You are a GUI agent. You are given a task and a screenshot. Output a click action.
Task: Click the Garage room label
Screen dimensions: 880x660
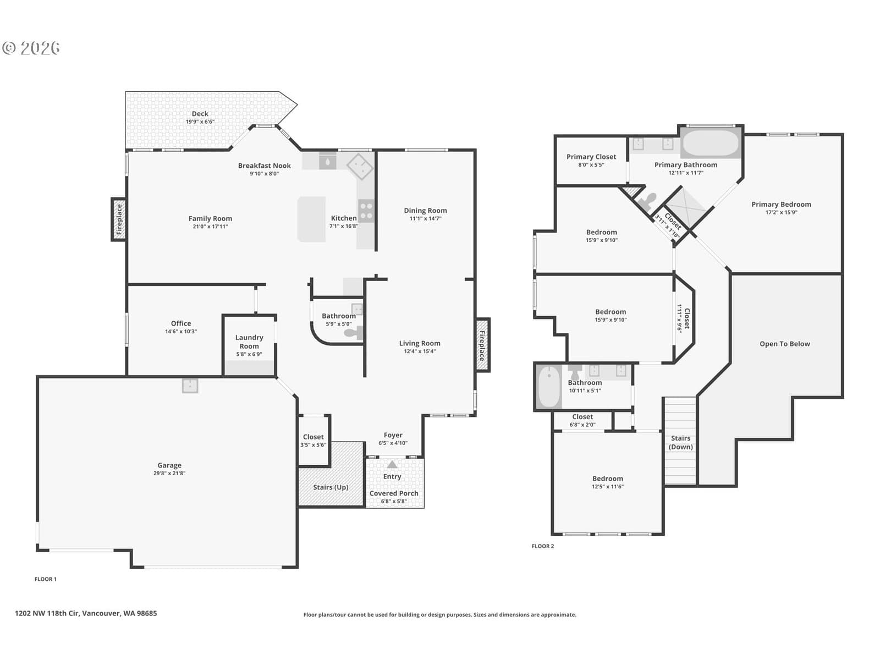169,465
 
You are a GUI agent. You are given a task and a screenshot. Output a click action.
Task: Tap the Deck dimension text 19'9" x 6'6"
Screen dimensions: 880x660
200,122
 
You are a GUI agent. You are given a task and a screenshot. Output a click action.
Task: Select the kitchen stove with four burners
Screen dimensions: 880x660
366,211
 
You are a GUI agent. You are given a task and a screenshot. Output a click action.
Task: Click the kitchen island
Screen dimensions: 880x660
311,219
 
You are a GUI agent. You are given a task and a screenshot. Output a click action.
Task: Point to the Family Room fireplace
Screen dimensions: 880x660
119,219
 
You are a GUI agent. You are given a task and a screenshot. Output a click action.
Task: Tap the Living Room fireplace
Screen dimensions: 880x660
483,345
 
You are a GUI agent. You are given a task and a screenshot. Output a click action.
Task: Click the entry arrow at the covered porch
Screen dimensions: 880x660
392,464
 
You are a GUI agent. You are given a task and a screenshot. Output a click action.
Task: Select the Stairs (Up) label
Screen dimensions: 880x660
331,487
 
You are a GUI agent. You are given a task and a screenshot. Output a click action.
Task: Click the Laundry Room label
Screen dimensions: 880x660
249,342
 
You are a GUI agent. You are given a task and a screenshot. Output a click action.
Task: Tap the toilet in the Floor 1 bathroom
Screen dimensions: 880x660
354,333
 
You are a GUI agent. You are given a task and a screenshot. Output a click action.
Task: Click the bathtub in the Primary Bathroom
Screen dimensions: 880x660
710,143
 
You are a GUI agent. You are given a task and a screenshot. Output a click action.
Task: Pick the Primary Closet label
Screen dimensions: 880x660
591,157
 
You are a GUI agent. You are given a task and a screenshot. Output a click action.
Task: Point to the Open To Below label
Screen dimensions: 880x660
785,344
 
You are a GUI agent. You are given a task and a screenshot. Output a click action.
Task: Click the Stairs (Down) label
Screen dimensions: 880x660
680,443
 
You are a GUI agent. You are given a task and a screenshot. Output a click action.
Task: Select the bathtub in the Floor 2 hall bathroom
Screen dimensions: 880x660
548,387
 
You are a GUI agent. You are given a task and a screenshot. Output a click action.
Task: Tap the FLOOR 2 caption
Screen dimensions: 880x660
543,546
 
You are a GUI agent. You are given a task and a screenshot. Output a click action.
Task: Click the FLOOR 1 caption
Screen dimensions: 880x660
45,579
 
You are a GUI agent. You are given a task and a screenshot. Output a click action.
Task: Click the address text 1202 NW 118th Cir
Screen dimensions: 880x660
47,613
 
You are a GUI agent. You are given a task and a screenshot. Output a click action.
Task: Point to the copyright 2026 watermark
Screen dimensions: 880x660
31,48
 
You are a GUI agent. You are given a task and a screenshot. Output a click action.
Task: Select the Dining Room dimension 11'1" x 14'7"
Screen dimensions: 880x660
425,219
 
